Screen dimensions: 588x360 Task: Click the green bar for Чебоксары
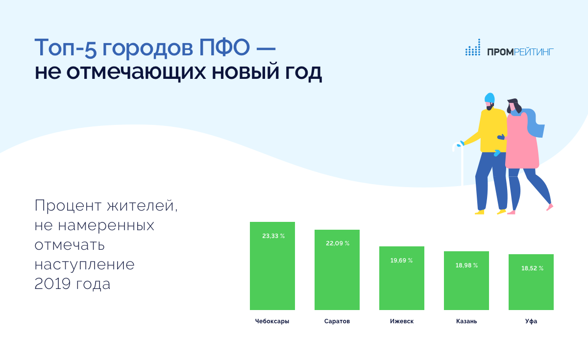point(272,266)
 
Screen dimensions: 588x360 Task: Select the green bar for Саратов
point(337,270)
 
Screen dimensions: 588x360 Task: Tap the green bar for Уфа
point(531,282)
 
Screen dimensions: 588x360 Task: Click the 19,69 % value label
point(401,261)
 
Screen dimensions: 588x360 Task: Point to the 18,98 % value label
point(466,265)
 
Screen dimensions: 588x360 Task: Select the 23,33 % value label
point(273,236)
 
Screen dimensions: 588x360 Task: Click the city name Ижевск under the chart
point(402,321)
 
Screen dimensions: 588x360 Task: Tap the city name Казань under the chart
point(466,321)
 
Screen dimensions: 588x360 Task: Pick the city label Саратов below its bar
point(337,321)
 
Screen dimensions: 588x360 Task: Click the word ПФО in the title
point(224,48)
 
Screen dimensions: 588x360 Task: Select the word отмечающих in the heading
point(136,72)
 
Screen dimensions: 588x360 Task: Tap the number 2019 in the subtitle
point(52,284)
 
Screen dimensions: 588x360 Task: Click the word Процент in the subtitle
point(68,205)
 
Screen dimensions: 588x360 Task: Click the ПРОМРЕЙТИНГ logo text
point(520,52)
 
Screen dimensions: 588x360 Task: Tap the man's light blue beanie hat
point(490,97)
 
